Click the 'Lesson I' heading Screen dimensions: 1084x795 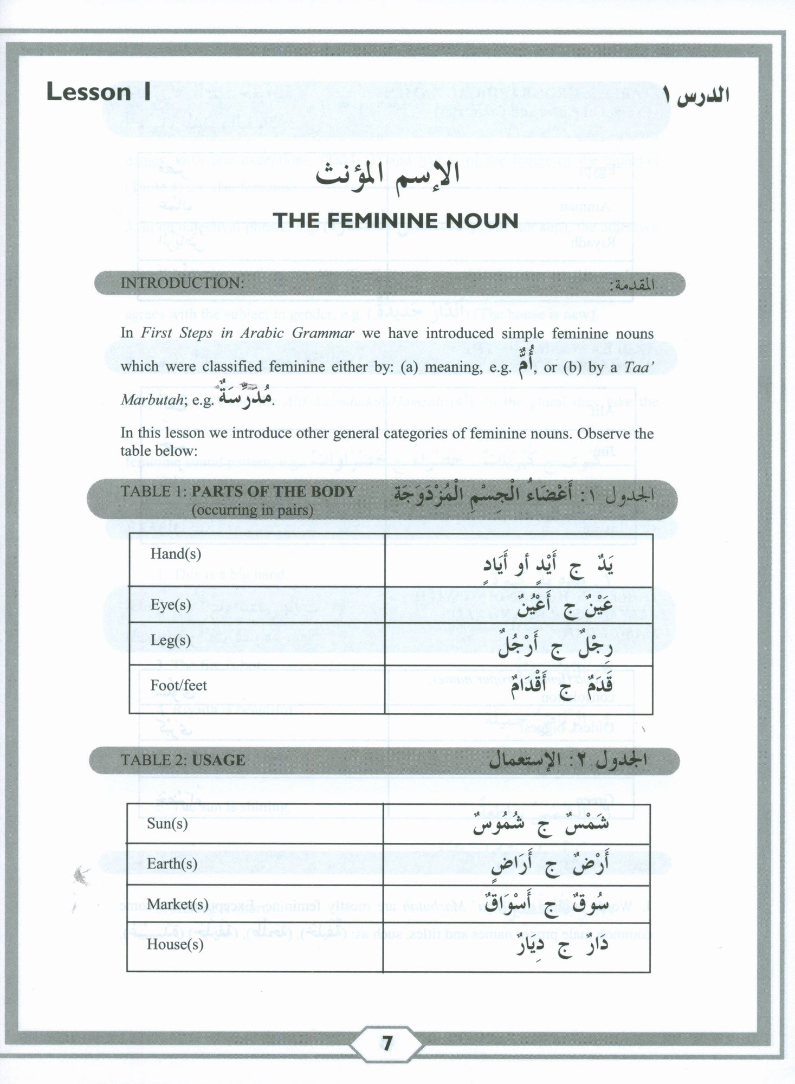pos(98,92)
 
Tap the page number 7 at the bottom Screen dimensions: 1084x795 pos(386,1043)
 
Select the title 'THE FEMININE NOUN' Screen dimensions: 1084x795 pos(396,221)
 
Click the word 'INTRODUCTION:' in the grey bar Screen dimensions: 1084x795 pos(182,283)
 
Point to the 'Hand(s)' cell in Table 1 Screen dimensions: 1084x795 pos(176,554)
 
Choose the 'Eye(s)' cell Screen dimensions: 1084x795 pos(171,605)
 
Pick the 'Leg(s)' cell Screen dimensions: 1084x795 pos(171,641)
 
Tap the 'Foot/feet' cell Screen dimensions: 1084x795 pos(179,686)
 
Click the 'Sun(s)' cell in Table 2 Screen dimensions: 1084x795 pos(167,824)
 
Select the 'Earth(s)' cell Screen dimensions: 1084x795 pos(172,864)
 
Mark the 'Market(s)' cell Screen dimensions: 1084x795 pos(178,904)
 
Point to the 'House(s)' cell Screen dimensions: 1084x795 pos(175,944)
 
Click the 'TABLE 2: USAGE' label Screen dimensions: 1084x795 pos(183,760)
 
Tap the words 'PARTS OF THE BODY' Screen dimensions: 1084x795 pos(274,492)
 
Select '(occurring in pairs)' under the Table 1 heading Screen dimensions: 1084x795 pos(252,510)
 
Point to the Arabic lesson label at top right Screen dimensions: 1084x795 pos(696,94)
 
